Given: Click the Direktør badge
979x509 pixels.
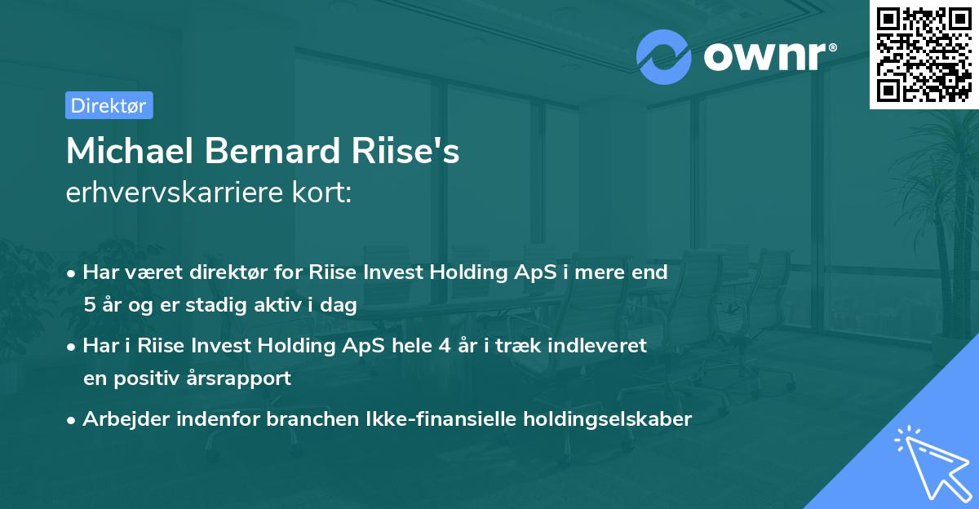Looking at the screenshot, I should point(109,105).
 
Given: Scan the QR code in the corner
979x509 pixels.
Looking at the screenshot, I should point(924,54).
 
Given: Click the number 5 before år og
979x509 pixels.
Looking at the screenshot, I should point(88,306).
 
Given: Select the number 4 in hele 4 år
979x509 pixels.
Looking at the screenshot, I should point(444,346).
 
